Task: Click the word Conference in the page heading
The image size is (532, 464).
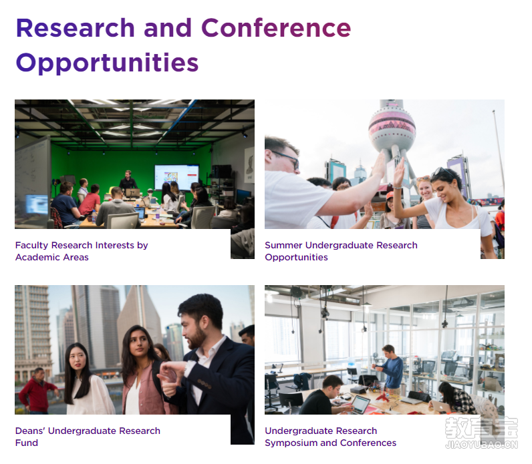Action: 276,28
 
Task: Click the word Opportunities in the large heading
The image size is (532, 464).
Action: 107,63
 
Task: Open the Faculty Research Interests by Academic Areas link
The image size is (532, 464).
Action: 82,251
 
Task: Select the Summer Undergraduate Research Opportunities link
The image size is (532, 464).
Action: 341,251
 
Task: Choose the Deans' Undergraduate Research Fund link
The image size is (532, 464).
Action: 88,437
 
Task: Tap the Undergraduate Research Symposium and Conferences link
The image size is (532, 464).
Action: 330,437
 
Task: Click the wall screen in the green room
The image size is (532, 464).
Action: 176,178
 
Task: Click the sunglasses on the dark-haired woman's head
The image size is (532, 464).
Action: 442,172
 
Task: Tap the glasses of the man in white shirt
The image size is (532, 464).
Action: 287,159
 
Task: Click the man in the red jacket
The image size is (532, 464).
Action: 37,391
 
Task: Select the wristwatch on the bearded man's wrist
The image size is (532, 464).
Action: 188,369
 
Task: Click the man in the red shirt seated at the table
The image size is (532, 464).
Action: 90,200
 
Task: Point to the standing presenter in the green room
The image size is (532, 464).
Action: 128,180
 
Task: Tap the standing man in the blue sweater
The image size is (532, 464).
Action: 390,367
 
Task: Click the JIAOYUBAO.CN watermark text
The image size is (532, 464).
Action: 481,445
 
